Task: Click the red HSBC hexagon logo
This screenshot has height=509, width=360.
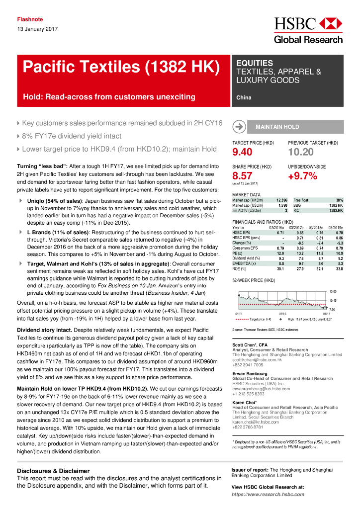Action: [x=330, y=23]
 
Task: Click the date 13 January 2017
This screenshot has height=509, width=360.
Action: [x=37, y=29]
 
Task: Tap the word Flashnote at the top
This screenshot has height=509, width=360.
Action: [x=30, y=19]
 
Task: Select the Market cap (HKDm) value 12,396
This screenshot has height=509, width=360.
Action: [x=282, y=200]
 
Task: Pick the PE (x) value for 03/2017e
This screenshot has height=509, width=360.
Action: [x=299, y=254]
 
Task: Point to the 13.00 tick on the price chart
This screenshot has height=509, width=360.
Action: [x=333, y=291]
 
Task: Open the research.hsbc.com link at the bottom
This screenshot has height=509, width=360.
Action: [x=268, y=495]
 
